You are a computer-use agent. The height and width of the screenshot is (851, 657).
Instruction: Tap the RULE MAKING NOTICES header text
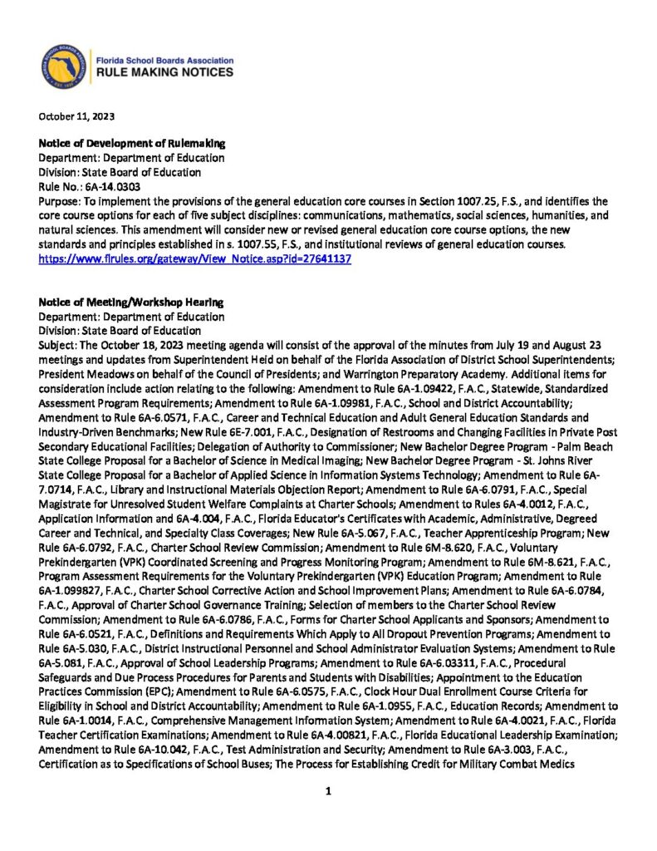pyautogui.click(x=165, y=73)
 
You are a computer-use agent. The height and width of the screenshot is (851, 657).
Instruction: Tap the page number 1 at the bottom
pyautogui.click(x=329, y=791)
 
